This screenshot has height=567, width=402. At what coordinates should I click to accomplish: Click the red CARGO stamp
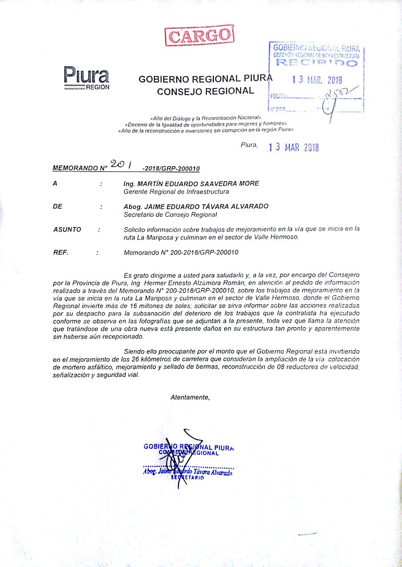tap(199, 35)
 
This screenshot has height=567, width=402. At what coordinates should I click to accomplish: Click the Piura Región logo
tap(86, 78)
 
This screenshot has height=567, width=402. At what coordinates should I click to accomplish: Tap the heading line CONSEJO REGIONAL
tap(205, 92)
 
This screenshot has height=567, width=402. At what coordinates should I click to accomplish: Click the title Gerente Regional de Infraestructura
tap(176, 192)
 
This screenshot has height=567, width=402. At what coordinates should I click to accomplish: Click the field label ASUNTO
tap(67, 229)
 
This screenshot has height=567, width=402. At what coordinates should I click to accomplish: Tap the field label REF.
tap(60, 252)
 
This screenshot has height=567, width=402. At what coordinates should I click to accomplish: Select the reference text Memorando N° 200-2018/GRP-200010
tap(181, 252)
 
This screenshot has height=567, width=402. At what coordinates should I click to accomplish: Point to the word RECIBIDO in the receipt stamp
tap(317, 63)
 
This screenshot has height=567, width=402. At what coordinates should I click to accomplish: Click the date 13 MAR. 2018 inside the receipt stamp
tap(317, 80)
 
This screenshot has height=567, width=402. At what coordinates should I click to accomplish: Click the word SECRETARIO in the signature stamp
tap(188, 478)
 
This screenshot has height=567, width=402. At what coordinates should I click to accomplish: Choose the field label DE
tap(58, 207)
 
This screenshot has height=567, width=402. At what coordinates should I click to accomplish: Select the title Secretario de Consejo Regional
tap(170, 215)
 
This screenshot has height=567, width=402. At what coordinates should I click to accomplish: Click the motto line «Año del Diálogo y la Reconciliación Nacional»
tap(202, 118)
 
